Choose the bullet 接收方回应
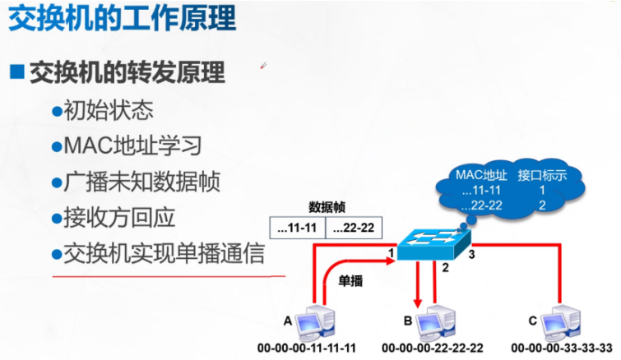pos(120,218)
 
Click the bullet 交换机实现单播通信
pos(165,254)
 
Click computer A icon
pos(316,321)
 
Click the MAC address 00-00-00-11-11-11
pos(307,349)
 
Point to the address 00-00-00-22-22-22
pos(433,349)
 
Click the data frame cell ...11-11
pos(298,226)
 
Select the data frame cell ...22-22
pos(354,226)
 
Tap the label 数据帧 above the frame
pos(325,205)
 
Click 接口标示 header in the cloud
pos(543,175)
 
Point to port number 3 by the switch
pos(472,255)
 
